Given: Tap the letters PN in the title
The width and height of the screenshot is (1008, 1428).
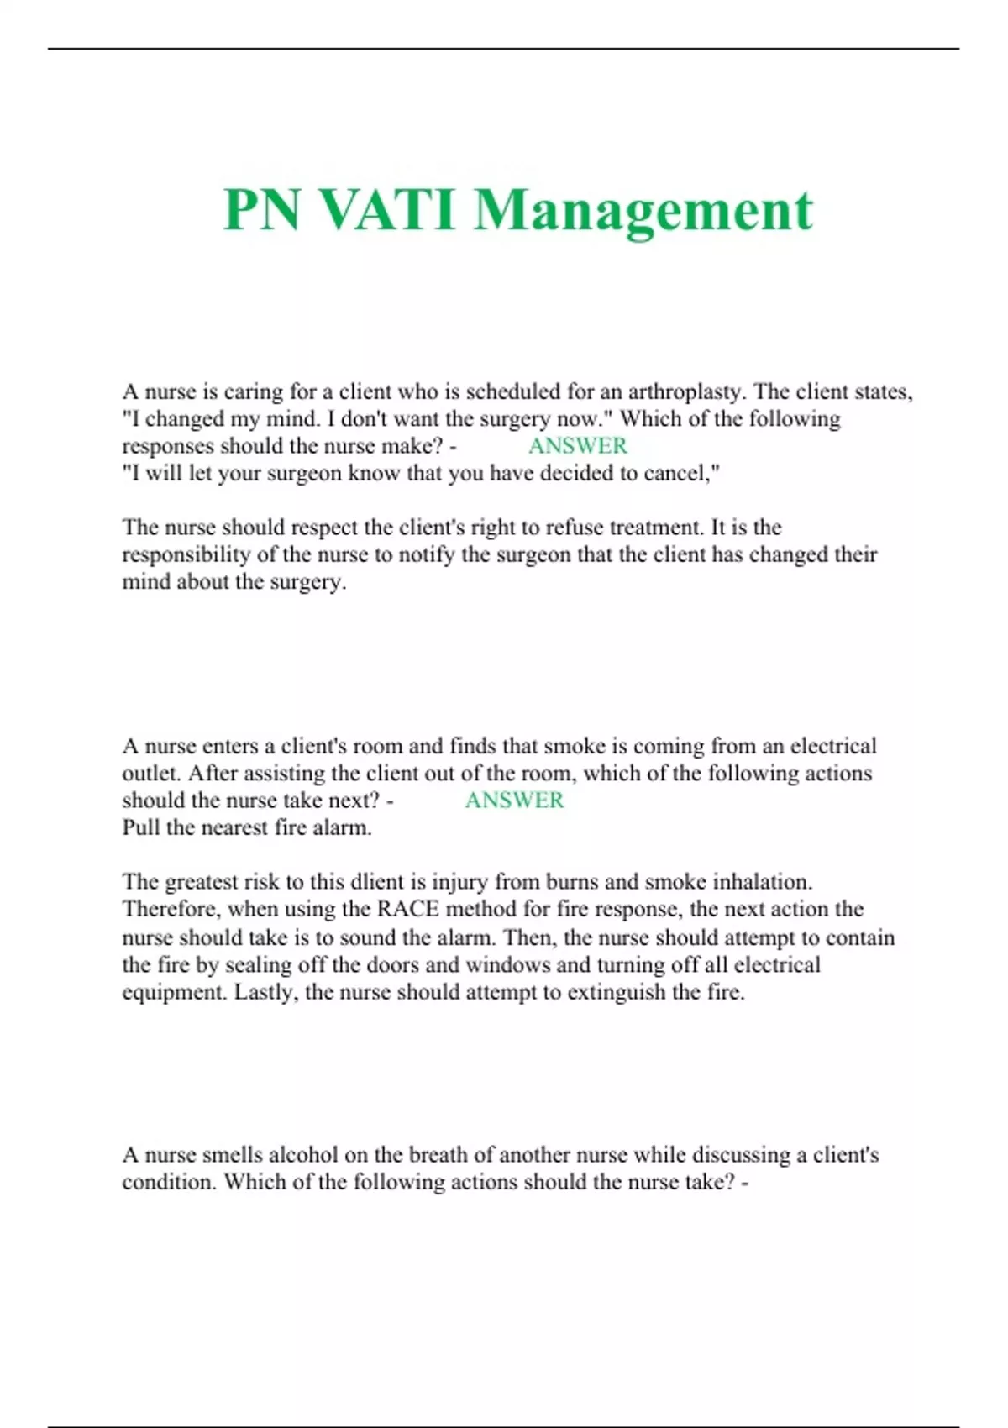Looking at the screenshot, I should point(261,210).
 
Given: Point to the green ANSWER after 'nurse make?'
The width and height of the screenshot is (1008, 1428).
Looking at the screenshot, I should point(577,446).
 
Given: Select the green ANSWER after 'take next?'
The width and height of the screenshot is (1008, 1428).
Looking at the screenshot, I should point(514,801).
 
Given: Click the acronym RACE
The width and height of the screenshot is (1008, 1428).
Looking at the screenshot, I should point(408,909).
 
